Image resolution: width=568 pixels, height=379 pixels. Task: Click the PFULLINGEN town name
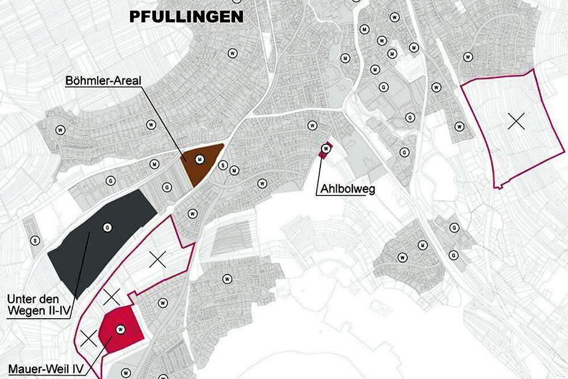point(186,16)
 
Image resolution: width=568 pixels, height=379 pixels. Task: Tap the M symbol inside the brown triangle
point(199,160)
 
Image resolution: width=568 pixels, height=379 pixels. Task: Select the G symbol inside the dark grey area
point(106,228)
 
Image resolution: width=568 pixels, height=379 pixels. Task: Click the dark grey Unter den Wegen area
point(102,244)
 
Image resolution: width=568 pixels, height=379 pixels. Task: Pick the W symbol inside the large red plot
point(120,328)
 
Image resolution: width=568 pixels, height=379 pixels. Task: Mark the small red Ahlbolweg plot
point(325,149)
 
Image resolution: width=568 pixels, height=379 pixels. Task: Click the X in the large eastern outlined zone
point(516,121)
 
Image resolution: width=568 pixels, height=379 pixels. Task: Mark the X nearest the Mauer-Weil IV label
point(88,338)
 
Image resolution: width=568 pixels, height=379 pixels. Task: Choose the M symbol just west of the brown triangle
point(153,164)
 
